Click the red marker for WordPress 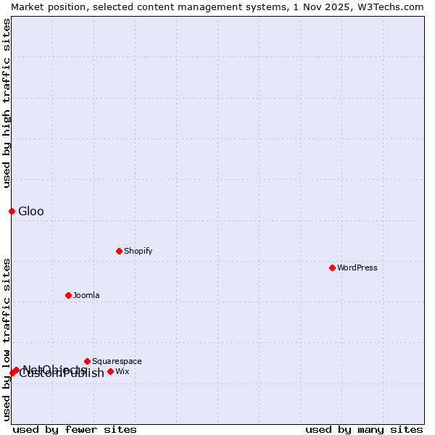coord(332,268)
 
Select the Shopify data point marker coord(119,251)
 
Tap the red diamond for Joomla coord(68,295)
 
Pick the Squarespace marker coord(87,361)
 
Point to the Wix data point coord(110,371)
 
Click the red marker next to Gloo coord(12,211)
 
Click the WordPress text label coord(357,268)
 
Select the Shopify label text coord(138,251)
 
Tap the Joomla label coord(86,295)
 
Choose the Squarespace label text coord(117,361)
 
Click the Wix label coord(123,371)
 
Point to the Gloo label coord(31,211)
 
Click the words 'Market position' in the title coord(45,7)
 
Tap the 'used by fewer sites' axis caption coord(75,429)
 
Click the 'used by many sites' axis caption coord(364,429)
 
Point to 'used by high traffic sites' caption coord(7,103)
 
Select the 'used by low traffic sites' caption coord(7,339)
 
